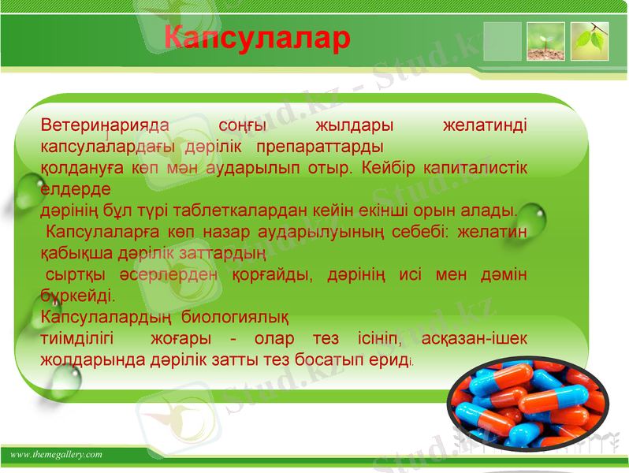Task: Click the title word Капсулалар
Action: click(257, 37)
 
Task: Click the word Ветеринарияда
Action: click(104, 126)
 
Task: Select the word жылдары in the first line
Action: click(354, 126)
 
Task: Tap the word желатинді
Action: click(486, 126)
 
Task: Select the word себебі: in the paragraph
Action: click(441, 233)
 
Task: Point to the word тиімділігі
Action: click(77, 340)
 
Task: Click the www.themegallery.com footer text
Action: click(57, 455)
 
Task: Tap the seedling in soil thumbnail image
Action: click(545, 42)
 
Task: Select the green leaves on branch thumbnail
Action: click(590, 42)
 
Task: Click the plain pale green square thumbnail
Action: click(502, 42)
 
